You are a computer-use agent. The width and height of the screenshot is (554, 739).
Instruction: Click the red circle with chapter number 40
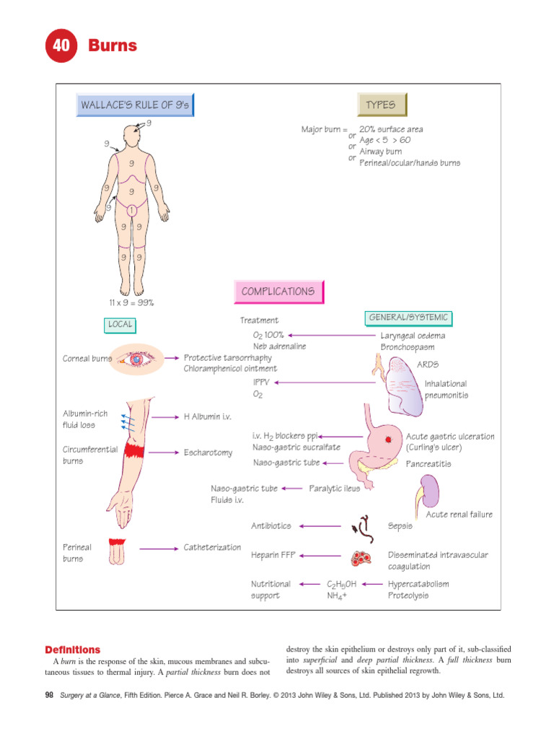click(x=61, y=46)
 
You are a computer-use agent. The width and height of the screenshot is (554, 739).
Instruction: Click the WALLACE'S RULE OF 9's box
click(x=136, y=105)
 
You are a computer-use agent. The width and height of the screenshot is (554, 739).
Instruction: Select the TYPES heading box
click(x=381, y=105)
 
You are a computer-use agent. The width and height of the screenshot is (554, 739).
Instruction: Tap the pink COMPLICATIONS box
click(x=278, y=292)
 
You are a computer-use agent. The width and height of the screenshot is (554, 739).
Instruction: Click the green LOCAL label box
click(x=120, y=325)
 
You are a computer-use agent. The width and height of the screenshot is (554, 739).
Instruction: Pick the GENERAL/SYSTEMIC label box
click(x=408, y=318)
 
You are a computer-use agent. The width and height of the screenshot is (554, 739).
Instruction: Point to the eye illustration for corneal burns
click(x=135, y=358)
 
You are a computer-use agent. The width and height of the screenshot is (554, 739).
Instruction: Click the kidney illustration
click(x=431, y=494)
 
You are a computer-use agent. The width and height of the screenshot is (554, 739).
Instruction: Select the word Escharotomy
click(x=208, y=452)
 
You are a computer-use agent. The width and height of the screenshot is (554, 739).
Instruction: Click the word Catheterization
click(x=212, y=547)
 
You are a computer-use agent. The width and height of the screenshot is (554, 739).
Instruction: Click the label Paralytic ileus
click(x=335, y=489)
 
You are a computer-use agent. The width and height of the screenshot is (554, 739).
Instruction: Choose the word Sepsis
click(x=400, y=526)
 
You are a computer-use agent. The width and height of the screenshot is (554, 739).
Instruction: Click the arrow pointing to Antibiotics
click(x=321, y=526)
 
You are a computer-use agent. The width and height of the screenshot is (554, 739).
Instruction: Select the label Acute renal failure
click(x=460, y=515)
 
